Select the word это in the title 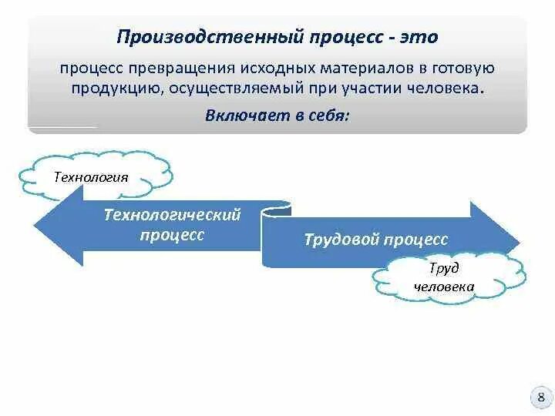tap(418, 37)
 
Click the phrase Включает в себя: tap(277, 116)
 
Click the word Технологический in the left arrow tap(173, 215)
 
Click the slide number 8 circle tap(540, 398)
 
